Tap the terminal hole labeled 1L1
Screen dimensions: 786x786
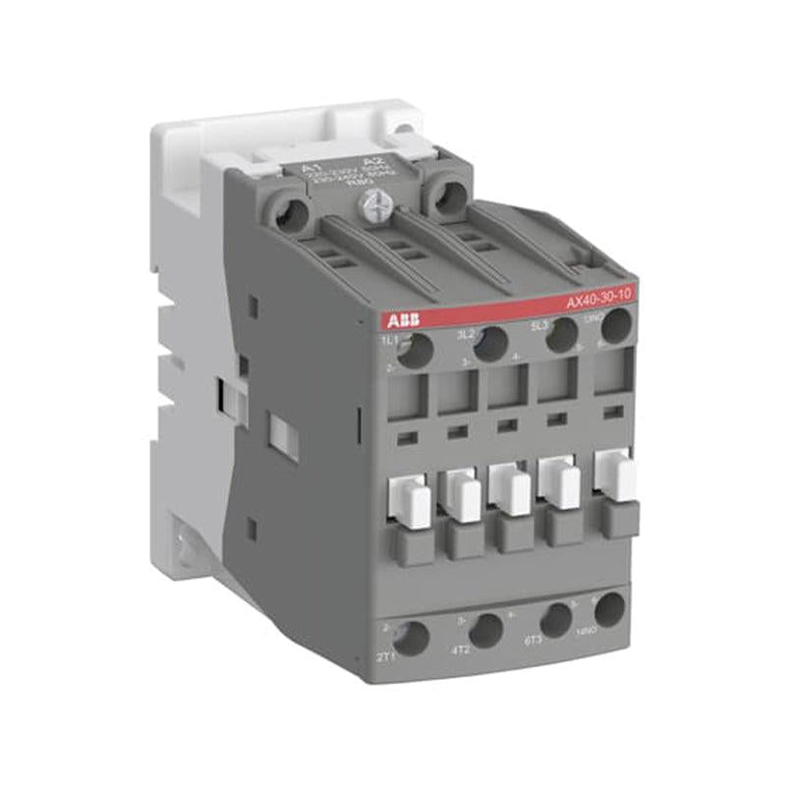(416, 349)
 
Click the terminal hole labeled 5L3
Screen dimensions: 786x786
(560, 334)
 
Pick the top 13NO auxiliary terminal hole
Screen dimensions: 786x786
(616, 325)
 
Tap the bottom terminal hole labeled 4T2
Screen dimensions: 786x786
(485, 630)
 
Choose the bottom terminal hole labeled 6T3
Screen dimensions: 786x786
(556, 620)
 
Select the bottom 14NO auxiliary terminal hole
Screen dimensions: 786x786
(609, 610)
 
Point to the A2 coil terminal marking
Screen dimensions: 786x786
(371, 160)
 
